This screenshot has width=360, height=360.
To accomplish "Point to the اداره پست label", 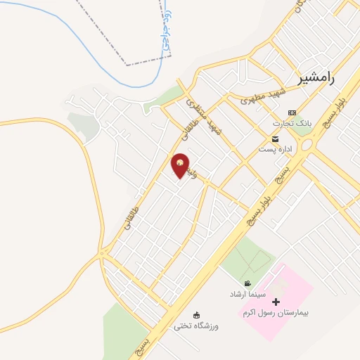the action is point(273,149).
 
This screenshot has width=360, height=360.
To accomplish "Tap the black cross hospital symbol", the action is point(276,302).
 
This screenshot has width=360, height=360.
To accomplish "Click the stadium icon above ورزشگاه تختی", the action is point(197,315).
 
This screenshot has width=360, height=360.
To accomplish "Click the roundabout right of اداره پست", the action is point(306,146).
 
